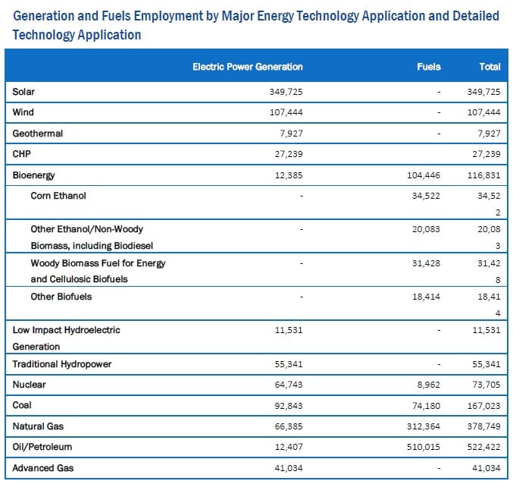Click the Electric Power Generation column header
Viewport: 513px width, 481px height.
pyautogui.click(x=248, y=67)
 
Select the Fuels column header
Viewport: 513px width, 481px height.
pyautogui.click(x=429, y=67)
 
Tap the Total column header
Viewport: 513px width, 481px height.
pyautogui.click(x=490, y=67)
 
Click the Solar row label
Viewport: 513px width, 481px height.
pyautogui.click(x=23, y=92)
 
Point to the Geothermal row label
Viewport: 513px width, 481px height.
pyautogui.click(x=38, y=134)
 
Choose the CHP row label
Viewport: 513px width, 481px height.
pyautogui.click(x=21, y=154)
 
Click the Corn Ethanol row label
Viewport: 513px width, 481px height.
pyautogui.click(x=58, y=196)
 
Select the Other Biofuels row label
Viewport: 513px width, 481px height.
pyautogui.click(x=61, y=297)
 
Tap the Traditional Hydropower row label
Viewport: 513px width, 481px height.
pyautogui.click(x=62, y=364)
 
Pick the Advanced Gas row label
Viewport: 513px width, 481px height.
pyautogui.click(x=43, y=468)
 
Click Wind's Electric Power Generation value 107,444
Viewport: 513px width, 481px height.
pyautogui.click(x=286, y=112)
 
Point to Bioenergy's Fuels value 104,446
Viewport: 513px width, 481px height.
pyautogui.click(x=424, y=175)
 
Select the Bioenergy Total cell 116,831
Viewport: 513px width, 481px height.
pyautogui.click(x=484, y=175)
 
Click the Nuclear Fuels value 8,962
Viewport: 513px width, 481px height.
pyautogui.click(x=429, y=385)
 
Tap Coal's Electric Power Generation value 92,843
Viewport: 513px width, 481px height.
pyautogui.click(x=289, y=406)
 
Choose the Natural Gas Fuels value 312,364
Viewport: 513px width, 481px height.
pyautogui.click(x=424, y=426)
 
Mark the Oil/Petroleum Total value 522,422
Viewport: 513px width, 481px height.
pyautogui.click(x=484, y=447)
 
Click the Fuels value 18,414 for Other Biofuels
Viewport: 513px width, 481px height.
pyautogui.click(x=427, y=297)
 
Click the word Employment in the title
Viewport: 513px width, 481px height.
pyautogui.click(x=168, y=17)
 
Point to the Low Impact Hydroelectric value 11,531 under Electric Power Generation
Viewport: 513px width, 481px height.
pyautogui.click(x=289, y=330)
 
